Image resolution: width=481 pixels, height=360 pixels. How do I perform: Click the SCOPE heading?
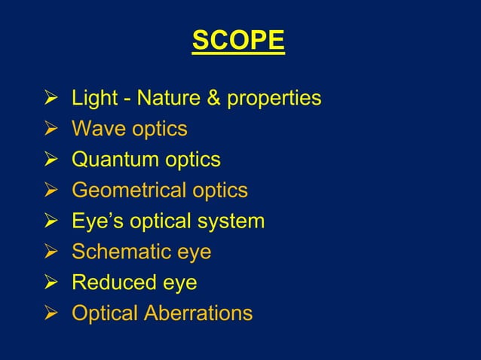[x=238, y=41]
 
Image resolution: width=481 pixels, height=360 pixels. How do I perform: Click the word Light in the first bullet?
[x=90, y=98]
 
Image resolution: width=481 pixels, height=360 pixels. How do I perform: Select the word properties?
[x=266, y=99]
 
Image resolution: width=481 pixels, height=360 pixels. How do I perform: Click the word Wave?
[x=96, y=129]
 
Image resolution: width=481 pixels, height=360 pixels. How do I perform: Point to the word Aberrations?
[x=197, y=313]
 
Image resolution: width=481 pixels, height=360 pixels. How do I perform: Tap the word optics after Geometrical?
[x=218, y=191]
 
